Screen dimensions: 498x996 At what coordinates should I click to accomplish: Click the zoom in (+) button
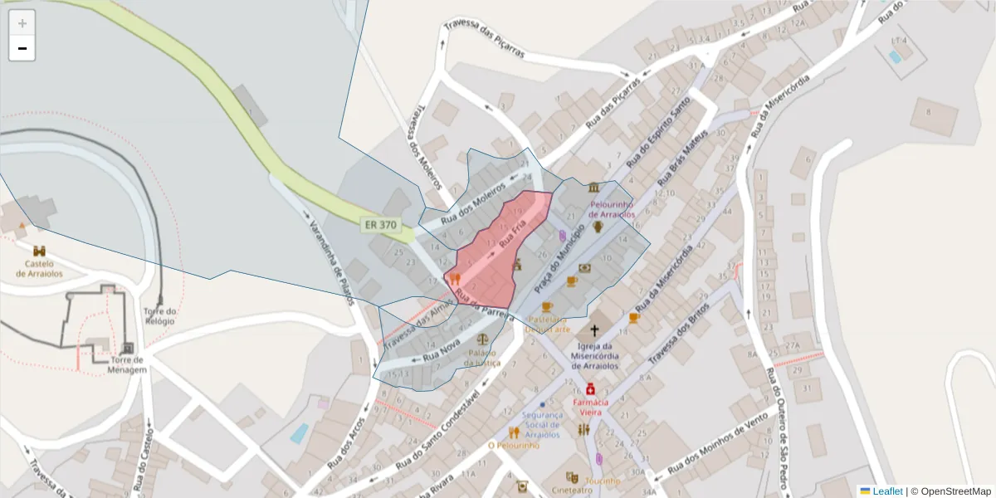(x=22, y=23)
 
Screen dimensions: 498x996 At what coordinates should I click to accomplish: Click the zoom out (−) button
(x=22, y=48)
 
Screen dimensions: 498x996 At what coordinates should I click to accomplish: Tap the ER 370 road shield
(x=380, y=224)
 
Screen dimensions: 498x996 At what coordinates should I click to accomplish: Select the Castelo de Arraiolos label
(x=40, y=268)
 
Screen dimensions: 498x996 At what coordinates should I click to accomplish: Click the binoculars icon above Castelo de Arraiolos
(x=40, y=250)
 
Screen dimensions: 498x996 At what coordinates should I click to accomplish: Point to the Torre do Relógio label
(x=159, y=315)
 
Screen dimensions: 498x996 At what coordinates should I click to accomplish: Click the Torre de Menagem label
(x=127, y=365)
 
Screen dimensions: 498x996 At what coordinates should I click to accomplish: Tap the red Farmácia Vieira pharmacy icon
(x=590, y=388)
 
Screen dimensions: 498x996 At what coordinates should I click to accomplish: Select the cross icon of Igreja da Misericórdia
(x=594, y=330)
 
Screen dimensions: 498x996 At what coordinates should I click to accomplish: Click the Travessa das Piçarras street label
(x=484, y=38)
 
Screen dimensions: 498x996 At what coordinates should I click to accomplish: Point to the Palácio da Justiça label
(x=482, y=357)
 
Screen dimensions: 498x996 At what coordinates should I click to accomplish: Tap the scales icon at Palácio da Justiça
(x=483, y=339)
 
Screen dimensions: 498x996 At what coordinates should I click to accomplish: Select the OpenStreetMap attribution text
(x=955, y=491)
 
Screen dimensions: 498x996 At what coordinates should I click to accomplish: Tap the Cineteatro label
(x=573, y=490)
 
